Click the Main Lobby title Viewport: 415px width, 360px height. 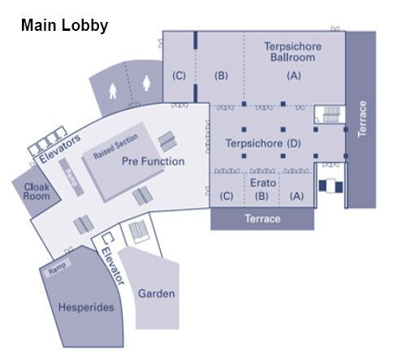(x=64, y=25)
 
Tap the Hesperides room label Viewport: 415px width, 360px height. (x=86, y=307)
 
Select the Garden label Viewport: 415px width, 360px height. (x=156, y=293)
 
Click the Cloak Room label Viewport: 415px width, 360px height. (x=37, y=191)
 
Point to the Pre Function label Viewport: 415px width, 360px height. (x=153, y=162)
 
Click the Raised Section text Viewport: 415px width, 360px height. (x=115, y=146)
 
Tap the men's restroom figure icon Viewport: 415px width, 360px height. (x=113, y=91)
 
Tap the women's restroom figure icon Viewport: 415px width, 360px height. (x=146, y=83)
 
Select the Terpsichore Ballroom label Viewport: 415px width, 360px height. (x=292, y=52)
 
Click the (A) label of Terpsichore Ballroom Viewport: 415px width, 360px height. (x=294, y=76)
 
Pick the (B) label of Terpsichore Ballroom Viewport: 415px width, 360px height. (x=221, y=76)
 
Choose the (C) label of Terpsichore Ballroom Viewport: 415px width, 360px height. (x=179, y=76)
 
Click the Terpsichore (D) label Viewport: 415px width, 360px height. (x=263, y=143)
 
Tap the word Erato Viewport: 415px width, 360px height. (x=263, y=183)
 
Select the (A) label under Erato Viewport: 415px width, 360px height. (x=296, y=196)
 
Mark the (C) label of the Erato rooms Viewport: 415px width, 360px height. (x=227, y=196)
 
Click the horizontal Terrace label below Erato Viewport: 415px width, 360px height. (x=262, y=219)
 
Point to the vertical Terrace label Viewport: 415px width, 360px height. (x=362, y=119)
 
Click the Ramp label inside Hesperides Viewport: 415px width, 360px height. (x=57, y=267)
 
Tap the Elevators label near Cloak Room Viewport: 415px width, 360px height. (x=60, y=148)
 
